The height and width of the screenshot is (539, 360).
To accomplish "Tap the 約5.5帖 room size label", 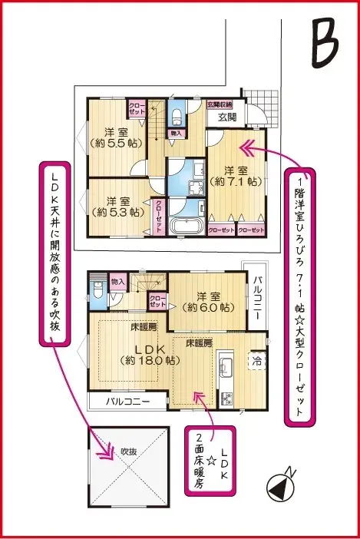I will (112, 143).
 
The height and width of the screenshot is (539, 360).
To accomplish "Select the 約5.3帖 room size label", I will (116, 211).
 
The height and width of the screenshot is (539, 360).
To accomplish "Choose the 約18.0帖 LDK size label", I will (150, 359).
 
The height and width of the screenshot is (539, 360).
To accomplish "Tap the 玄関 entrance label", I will (226, 117).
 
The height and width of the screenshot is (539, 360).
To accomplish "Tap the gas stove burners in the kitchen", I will (227, 398).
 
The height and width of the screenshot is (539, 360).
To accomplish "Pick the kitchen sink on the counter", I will (226, 366).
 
